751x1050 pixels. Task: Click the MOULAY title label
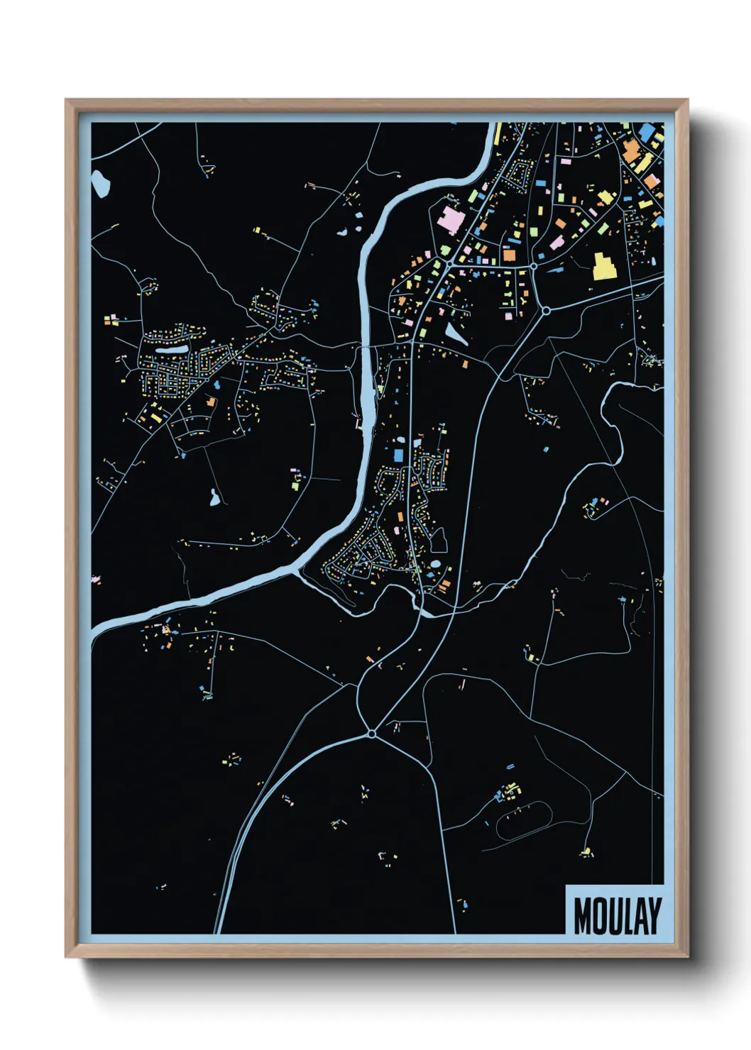[616, 915]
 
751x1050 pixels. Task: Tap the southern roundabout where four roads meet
[371, 734]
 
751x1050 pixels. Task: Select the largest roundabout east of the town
[546, 310]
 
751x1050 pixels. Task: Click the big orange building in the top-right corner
[630, 152]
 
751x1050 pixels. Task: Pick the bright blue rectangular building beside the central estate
[398, 454]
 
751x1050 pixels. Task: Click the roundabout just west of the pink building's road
[450, 264]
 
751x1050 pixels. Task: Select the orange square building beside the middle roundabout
[509, 254]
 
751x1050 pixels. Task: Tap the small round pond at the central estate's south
[435, 564]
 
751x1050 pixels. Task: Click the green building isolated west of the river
[296, 485]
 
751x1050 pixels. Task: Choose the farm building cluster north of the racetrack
[508, 790]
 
